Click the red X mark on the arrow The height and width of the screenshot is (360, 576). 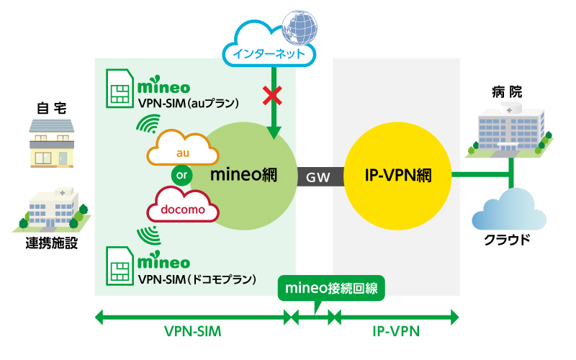coord(272,94)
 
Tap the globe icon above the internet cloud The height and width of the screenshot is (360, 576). coord(298,28)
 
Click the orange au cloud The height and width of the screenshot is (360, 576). coord(182,152)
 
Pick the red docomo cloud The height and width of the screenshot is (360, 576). coord(182,208)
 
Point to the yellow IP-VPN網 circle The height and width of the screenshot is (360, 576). coord(398,175)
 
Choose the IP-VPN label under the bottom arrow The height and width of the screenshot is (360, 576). coord(396,332)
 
